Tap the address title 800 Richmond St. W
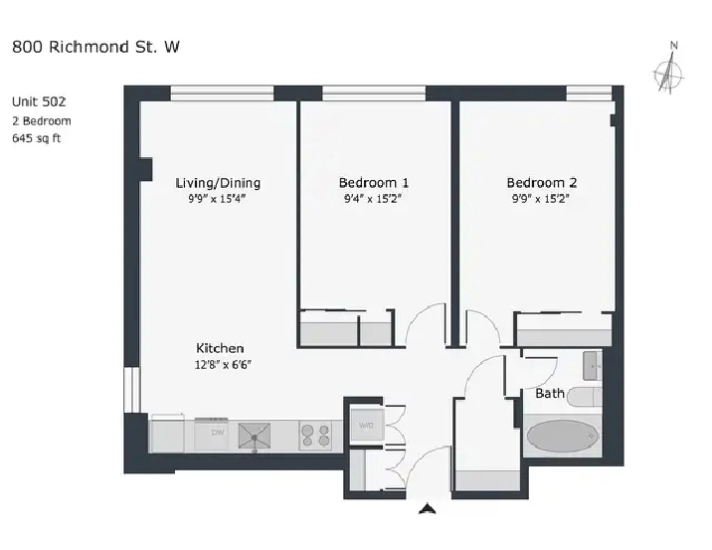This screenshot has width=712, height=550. pos(95,47)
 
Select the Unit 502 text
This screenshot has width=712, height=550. pos(39,101)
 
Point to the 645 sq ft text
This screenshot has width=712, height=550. pos(37,138)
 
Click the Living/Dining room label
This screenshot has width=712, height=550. pos(218,183)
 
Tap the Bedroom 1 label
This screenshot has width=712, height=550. pos(374,183)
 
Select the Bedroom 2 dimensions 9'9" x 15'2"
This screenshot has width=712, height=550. pos(541,199)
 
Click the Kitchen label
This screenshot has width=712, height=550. pos(220,348)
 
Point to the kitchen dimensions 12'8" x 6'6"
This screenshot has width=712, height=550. pos(223,365)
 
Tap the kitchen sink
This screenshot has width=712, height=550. pos(255,436)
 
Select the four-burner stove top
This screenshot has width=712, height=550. pos(315,435)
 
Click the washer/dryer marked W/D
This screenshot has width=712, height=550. pos(367,425)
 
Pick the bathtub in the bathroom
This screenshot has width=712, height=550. pos(563,436)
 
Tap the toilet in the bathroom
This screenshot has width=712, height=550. pos(585,397)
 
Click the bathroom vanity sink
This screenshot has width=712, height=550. pos(593,366)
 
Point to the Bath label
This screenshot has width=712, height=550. pos(550,393)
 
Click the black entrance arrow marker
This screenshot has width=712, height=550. pos(428,508)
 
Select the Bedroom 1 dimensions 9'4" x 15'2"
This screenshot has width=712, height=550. pos(373,199)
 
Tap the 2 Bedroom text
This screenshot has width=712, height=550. pos(42,121)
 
